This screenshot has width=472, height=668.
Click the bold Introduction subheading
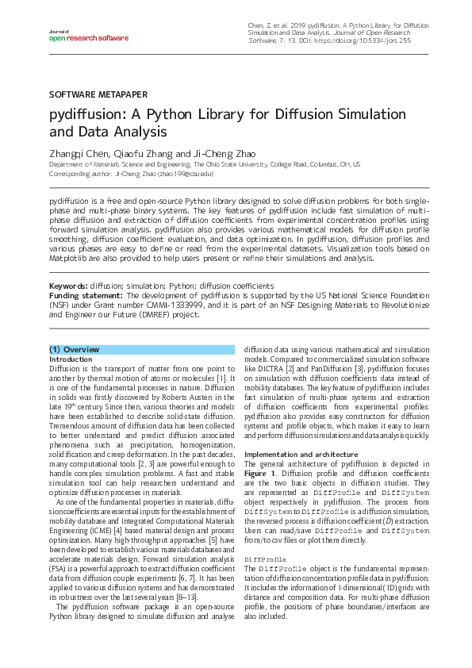[71, 359]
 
